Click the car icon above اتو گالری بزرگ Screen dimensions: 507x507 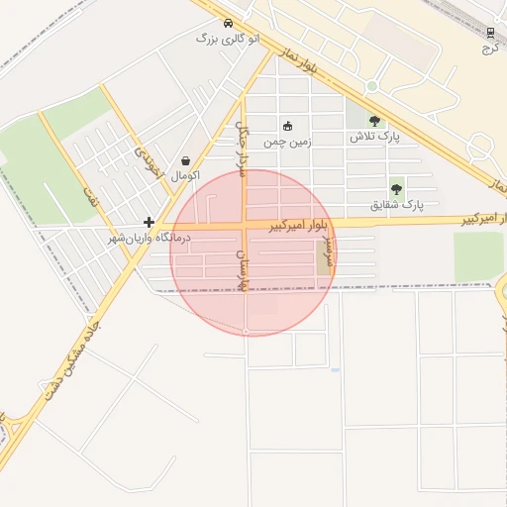click(x=229, y=23)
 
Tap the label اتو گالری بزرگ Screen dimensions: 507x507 click(x=228, y=38)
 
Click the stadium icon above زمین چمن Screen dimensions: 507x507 click(x=288, y=126)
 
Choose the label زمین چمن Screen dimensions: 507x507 click(x=287, y=142)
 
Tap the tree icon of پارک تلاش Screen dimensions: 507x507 click(x=374, y=121)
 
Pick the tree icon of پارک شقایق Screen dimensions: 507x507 click(x=397, y=188)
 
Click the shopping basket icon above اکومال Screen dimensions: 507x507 click(x=186, y=160)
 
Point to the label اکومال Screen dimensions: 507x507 click(x=185, y=176)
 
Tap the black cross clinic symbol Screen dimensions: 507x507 click(x=149, y=223)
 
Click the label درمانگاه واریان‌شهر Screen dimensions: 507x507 click(x=152, y=239)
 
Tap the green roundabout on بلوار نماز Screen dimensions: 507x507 click(x=371, y=86)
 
